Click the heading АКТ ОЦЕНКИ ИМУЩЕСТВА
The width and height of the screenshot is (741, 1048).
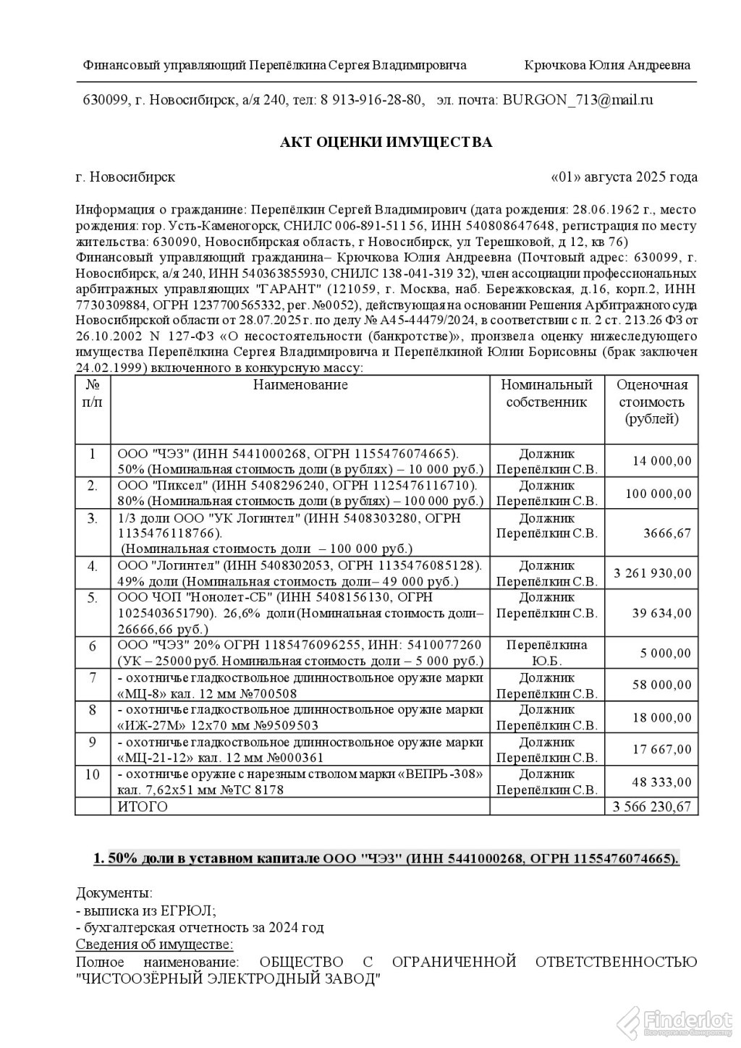tap(386, 142)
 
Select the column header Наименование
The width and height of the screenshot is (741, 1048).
tap(300, 385)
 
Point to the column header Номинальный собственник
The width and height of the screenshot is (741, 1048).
tap(546, 393)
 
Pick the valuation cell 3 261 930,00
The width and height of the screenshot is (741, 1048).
tap(652, 573)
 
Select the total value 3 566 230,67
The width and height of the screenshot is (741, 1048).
tap(652, 806)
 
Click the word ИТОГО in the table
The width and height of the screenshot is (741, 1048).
tap(142, 806)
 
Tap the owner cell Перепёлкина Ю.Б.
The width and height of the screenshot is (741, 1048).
tap(546, 652)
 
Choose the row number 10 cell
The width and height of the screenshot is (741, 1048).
tap(92, 774)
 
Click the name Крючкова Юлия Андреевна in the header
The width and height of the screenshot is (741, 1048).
tap(606, 65)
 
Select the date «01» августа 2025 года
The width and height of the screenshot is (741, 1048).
tap(624, 177)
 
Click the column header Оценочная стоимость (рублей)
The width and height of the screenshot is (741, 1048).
tap(651, 402)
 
